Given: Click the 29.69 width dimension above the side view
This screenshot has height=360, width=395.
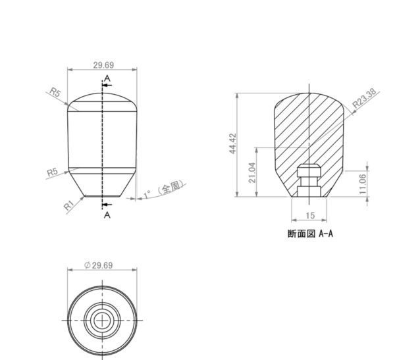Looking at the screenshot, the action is (103, 65).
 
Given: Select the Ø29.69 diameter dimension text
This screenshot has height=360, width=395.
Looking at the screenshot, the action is (98, 265).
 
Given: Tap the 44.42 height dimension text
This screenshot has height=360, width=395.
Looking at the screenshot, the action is (233, 143).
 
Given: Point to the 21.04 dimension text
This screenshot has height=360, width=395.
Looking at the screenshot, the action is (253, 172).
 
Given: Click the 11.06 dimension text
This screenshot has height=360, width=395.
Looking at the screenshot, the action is (363, 184).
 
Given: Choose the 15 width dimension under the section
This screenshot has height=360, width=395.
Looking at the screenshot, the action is (310, 215).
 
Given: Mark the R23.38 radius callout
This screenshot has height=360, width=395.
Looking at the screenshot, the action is (364, 98).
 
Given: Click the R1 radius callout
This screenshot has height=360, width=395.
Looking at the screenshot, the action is (68, 205).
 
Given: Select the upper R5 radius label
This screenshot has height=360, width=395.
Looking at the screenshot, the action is (55, 92).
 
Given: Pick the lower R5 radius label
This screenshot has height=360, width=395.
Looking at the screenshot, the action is (53, 172).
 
